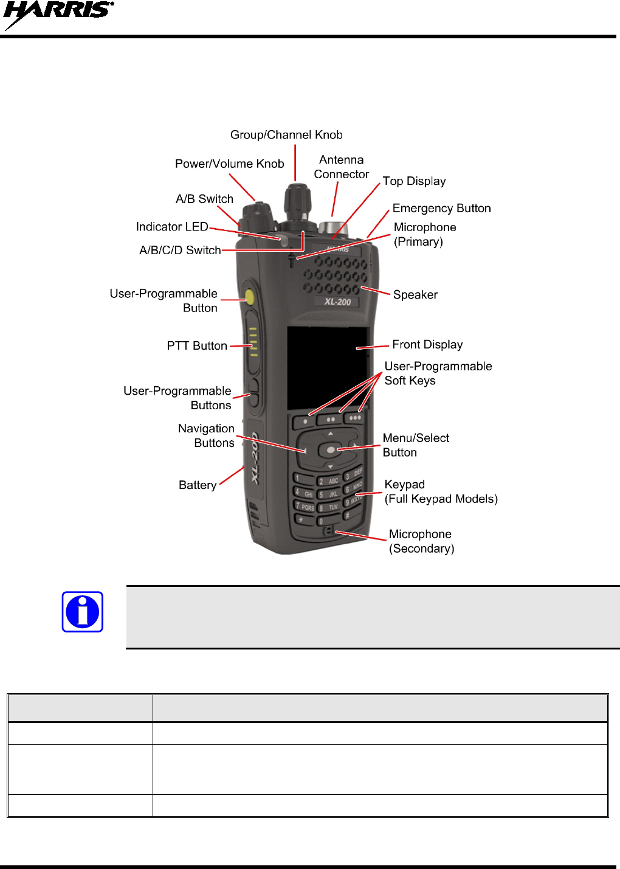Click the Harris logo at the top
(58, 15)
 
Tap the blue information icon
(83, 612)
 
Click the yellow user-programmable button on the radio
(249, 297)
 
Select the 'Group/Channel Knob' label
(286, 135)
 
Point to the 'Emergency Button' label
(441, 209)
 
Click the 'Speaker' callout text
(415, 295)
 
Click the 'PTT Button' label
(197, 346)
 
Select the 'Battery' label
(198, 485)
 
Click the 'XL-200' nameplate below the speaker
(337, 302)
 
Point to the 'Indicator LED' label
(172, 227)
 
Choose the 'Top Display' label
(414, 181)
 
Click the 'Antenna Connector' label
(341, 167)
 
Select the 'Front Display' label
(427, 345)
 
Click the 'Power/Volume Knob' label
(229, 164)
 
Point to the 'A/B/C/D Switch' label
(180, 251)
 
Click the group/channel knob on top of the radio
(297, 198)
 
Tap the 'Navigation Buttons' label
(207, 436)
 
